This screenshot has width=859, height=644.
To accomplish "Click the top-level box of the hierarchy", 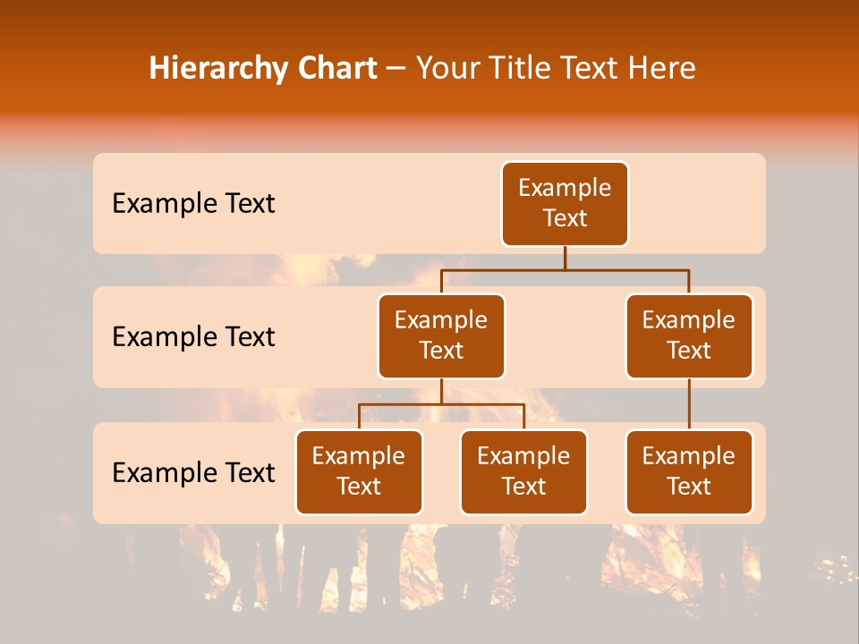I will click(565, 203).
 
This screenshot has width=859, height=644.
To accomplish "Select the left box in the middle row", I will click(441, 335).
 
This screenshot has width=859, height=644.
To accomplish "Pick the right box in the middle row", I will click(689, 335).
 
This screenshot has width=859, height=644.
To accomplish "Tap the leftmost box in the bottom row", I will click(359, 471).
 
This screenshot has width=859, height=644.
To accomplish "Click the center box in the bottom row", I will click(523, 471).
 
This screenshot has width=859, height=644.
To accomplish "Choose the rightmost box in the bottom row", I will click(689, 471).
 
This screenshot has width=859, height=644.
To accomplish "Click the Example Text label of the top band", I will click(193, 204).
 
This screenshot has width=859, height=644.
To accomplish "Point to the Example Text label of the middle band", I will click(193, 337).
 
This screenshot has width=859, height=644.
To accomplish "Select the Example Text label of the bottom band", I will click(193, 472).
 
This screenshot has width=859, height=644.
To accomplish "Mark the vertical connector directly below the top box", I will click(565, 258).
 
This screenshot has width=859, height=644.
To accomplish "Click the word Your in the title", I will click(444, 69).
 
